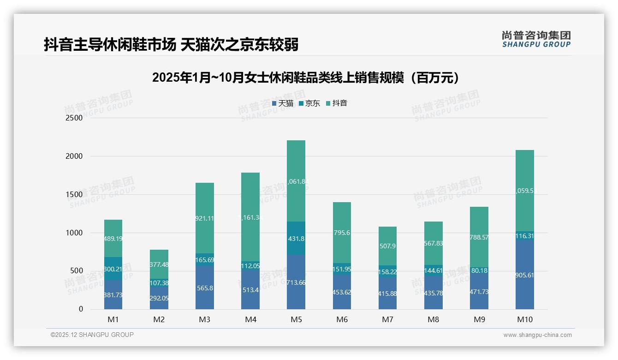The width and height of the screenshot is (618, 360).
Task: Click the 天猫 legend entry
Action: (x=283, y=103)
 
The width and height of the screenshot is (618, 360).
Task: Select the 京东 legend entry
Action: (x=309, y=103)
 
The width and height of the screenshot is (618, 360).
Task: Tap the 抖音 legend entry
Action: (x=337, y=103)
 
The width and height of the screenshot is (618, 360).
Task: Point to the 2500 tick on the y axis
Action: (x=74, y=118)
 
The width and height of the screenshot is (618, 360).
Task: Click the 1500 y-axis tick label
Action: (x=74, y=194)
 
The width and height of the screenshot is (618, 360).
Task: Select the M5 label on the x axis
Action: (x=296, y=320)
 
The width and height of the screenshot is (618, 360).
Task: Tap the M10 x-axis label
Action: (x=525, y=320)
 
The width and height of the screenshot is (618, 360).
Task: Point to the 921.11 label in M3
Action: (x=205, y=218)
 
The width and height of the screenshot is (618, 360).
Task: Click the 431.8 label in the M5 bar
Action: (x=296, y=239)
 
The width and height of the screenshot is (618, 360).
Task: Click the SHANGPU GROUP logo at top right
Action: (x=536, y=39)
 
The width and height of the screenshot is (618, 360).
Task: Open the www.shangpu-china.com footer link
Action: (x=537, y=335)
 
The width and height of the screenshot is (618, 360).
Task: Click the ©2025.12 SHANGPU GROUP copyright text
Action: (x=92, y=335)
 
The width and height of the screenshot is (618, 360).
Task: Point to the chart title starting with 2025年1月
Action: (x=308, y=78)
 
